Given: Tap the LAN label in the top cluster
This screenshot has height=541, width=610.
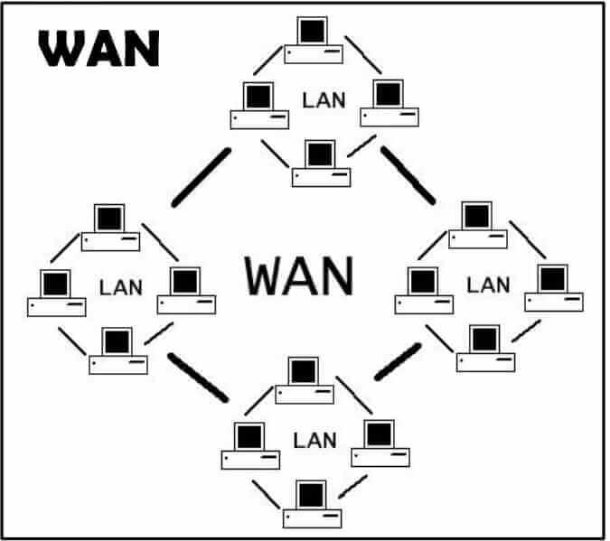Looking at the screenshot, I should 324,98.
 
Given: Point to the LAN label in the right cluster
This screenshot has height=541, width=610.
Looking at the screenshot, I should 488,284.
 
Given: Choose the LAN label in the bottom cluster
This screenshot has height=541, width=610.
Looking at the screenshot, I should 314,441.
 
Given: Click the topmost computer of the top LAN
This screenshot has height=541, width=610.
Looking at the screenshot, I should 314,42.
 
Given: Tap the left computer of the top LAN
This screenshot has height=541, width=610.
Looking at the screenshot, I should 259,105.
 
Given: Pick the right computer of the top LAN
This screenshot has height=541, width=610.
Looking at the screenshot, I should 389,103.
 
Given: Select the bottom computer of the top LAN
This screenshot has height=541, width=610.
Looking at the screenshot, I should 320,163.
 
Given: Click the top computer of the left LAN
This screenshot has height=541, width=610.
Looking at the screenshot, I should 110,228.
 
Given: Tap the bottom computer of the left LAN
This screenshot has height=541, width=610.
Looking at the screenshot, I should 117,351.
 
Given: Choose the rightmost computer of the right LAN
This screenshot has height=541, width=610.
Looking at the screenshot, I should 553,288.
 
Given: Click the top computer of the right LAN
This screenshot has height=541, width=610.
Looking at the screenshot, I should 477,225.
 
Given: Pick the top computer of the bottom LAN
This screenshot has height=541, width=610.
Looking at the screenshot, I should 305,379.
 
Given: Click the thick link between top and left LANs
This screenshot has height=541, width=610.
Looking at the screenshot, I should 201,177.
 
